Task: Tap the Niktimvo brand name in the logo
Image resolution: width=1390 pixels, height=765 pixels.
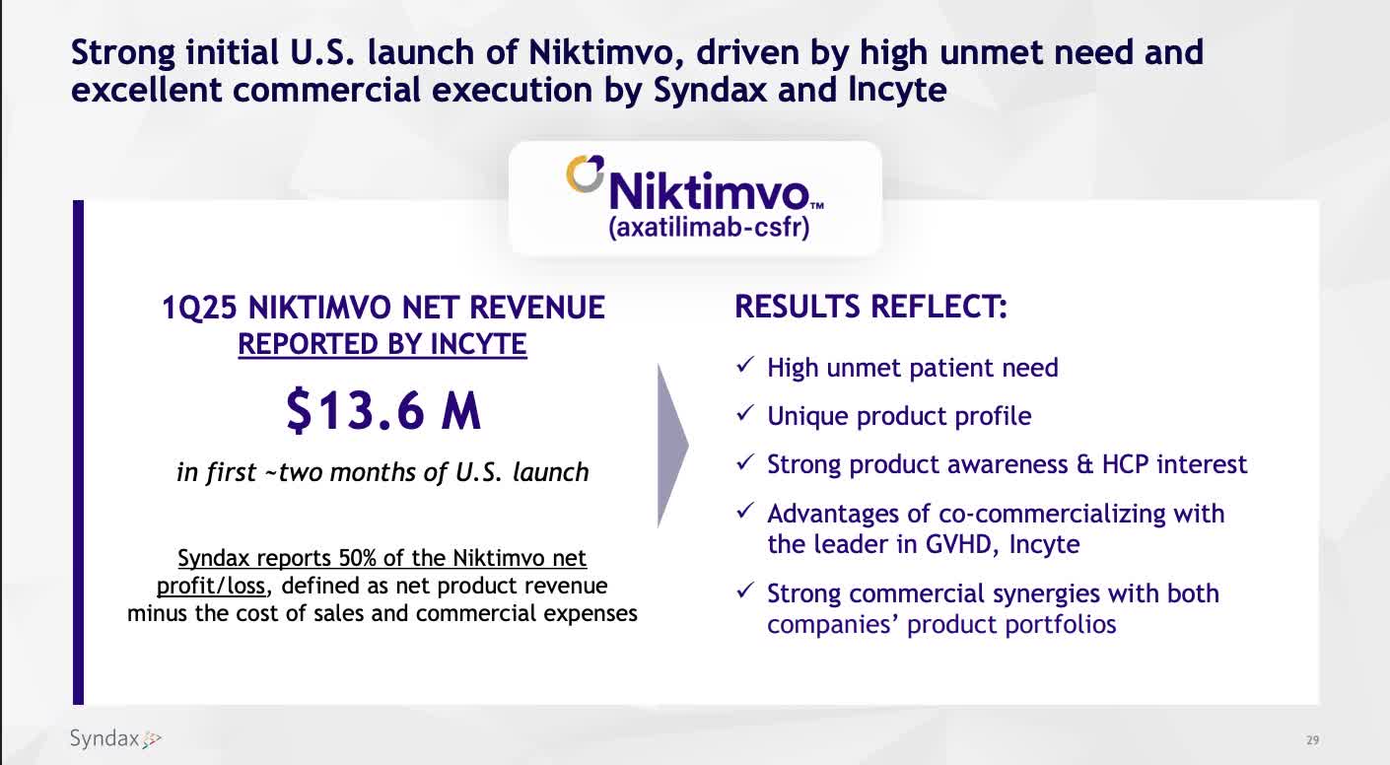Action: [708, 189]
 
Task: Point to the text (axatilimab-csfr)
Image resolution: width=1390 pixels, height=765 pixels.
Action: [709, 229]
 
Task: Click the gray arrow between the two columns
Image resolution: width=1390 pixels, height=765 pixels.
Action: [671, 446]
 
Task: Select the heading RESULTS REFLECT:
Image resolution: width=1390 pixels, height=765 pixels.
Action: [871, 307]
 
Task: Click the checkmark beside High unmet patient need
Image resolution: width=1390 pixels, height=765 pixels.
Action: [746, 368]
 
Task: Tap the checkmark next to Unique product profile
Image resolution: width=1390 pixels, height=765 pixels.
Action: [746, 416]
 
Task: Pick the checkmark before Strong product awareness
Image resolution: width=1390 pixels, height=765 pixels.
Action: [746, 464]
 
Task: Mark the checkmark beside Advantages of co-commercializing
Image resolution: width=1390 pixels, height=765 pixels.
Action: [746, 514]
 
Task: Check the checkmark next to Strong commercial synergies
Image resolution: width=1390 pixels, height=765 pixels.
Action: [746, 593]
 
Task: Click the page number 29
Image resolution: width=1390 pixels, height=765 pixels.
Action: [1312, 740]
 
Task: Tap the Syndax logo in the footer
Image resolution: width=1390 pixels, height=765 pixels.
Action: [114, 738]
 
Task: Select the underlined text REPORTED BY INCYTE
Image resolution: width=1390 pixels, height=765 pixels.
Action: [382, 344]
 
